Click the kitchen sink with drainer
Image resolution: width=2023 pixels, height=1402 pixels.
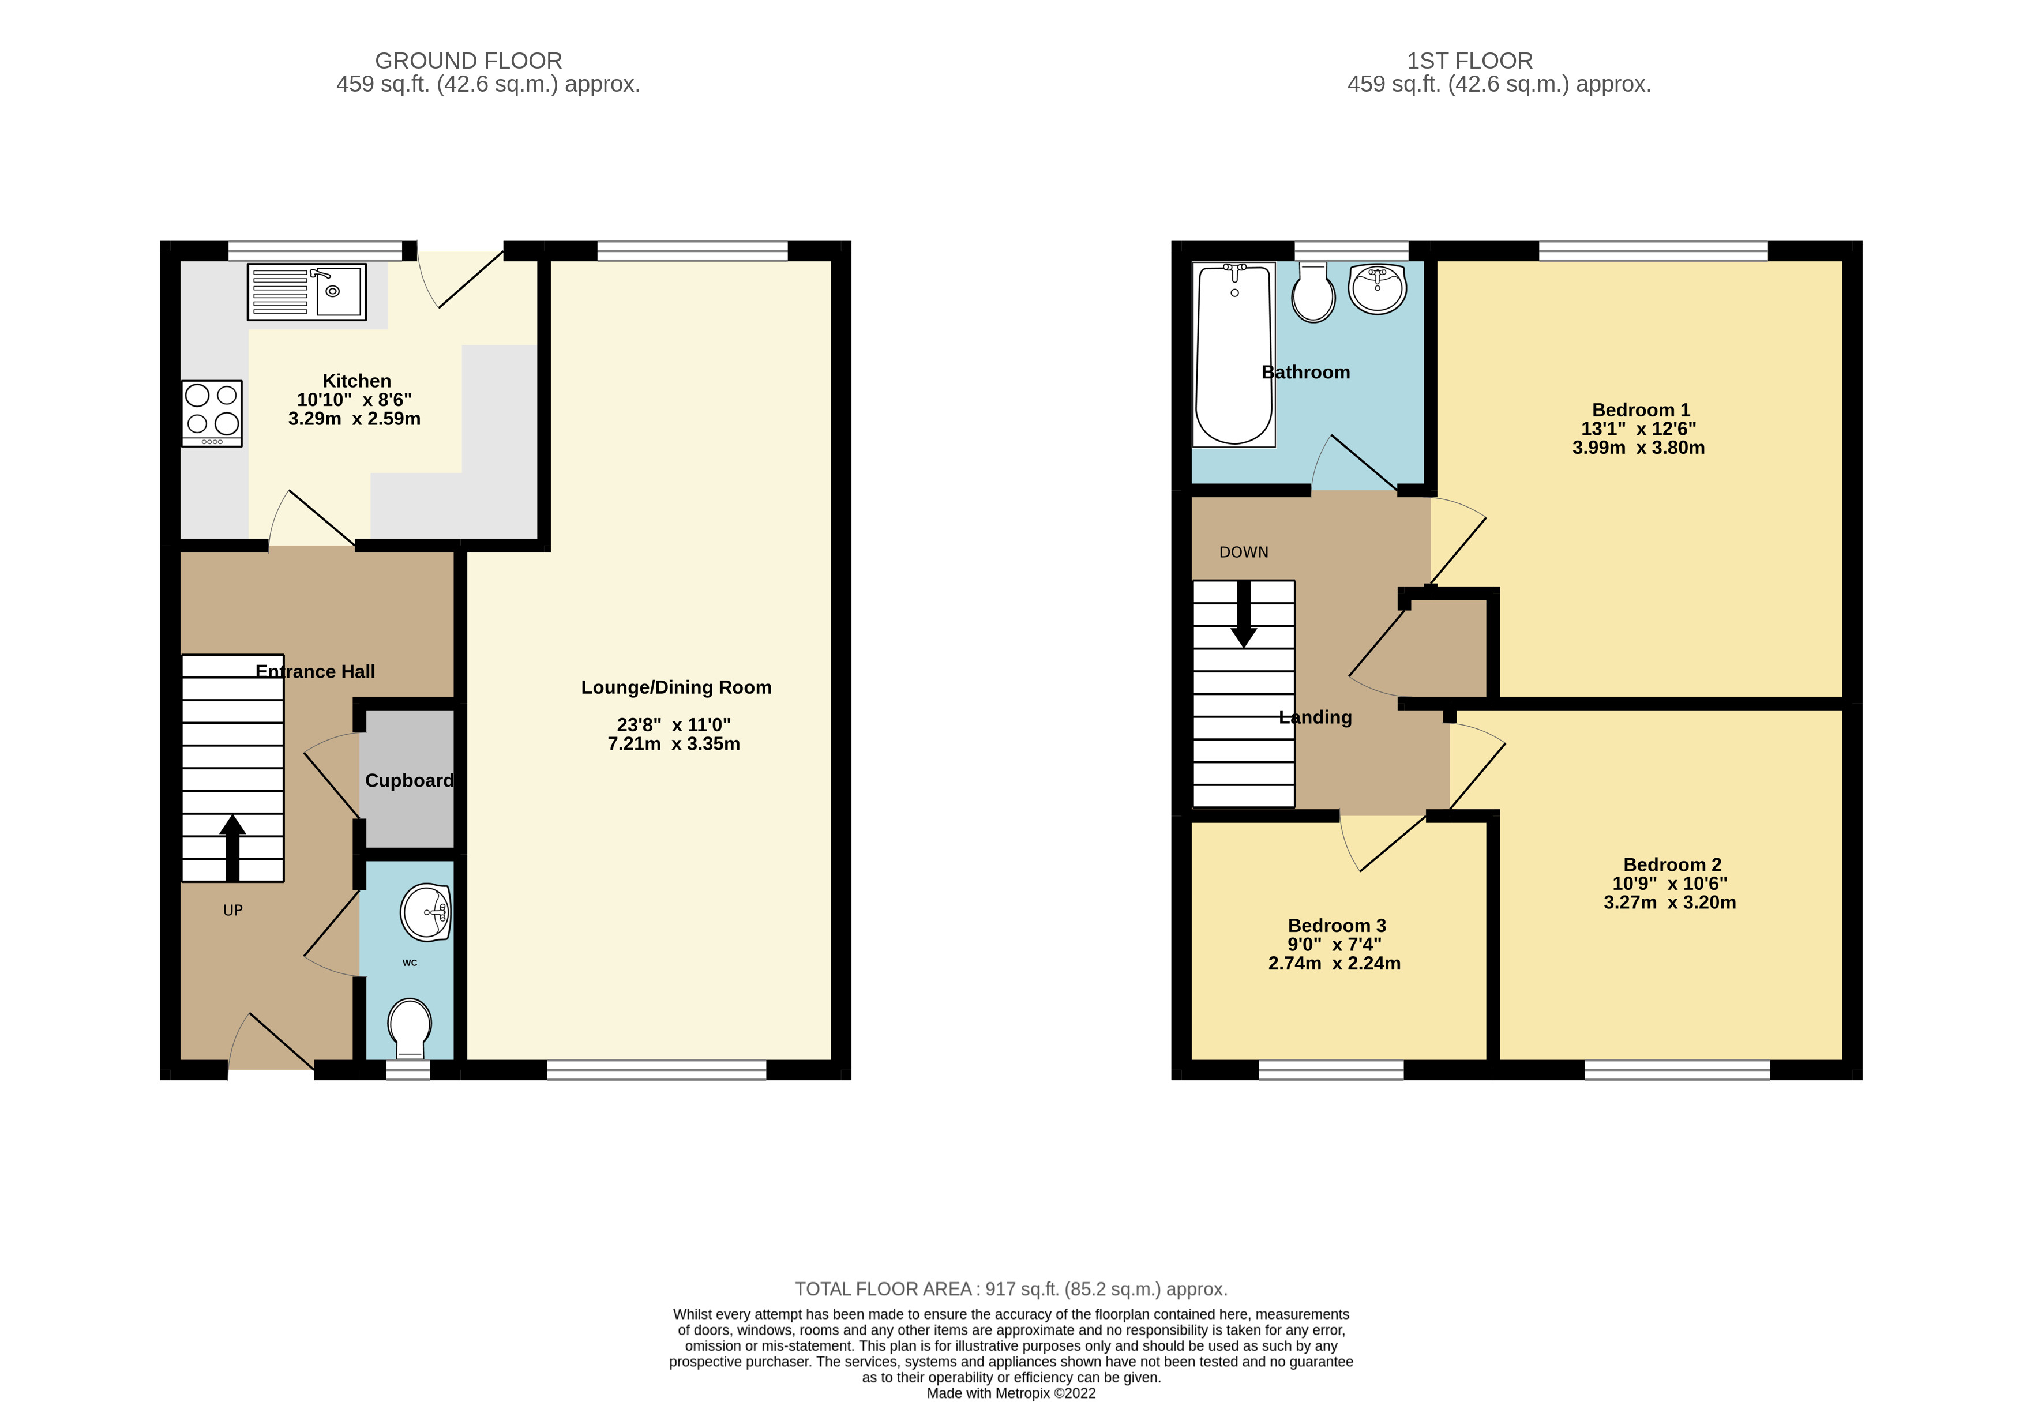[x=306, y=292]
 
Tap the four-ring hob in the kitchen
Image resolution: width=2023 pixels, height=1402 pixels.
[x=212, y=413]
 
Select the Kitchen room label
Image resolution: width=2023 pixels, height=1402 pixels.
[x=356, y=381]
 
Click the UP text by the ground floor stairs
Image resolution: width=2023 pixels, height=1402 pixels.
[x=233, y=910]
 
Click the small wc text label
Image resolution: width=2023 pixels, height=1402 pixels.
[x=410, y=963]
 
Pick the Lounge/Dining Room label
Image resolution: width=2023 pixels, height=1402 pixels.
[x=675, y=687]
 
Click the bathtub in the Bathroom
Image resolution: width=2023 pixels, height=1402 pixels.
[x=1233, y=354]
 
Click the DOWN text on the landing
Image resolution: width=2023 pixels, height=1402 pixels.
[x=1243, y=552]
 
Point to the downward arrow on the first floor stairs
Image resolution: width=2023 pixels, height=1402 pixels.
[x=1243, y=615]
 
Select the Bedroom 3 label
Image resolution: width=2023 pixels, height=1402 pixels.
[x=1336, y=925]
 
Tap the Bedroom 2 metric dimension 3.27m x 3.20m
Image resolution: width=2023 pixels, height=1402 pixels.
[x=1669, y=902]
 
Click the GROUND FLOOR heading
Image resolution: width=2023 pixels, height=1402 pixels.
[x=468, y=61]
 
